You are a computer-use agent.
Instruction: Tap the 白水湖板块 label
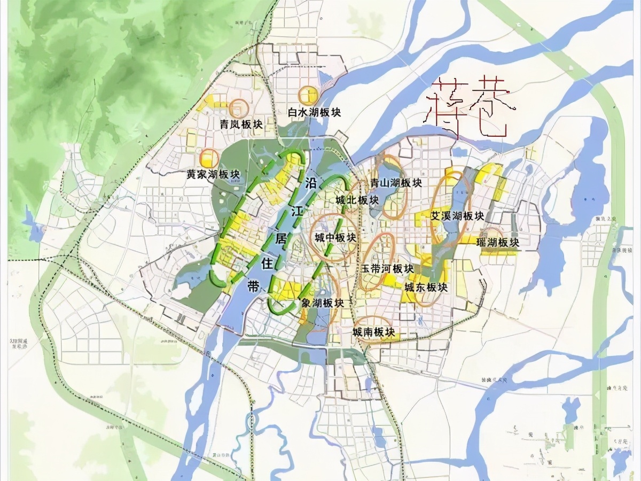tap(314, 113)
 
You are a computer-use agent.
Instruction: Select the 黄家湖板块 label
tap(213, 175)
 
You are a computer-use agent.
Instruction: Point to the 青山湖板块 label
tap(396, 183)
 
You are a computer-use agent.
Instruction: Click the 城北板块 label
tap(357, 200)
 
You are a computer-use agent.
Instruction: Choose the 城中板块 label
tap(335, 238)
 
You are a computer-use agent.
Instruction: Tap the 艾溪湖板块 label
tap(457, 216)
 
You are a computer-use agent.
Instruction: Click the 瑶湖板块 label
tap(498, 243)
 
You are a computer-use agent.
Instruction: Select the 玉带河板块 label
tap(387, 268)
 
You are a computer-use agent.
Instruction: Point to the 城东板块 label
tap(425, 287)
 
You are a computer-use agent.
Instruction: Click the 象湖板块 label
tap(323, 303)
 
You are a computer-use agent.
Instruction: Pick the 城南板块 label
tap(373, 332)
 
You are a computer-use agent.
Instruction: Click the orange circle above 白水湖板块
tap(308, 95)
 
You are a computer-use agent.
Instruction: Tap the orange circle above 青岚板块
tap(238, 108)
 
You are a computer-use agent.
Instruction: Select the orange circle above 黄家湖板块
tap(209, 158)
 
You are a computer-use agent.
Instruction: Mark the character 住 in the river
tap(267, 263)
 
